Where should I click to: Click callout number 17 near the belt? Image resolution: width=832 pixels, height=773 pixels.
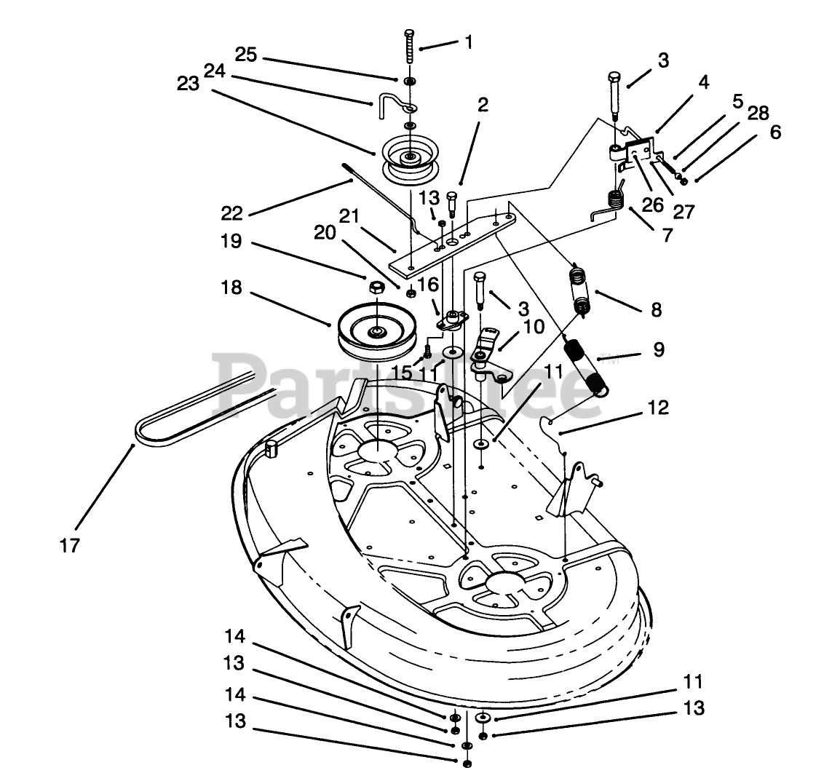(x=71, y=544)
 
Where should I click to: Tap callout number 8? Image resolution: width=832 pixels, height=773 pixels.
(x=657, y=309)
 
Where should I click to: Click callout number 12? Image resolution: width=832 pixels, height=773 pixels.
(x=657, y=408)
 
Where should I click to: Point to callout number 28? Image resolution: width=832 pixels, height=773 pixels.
(x=758, y=113)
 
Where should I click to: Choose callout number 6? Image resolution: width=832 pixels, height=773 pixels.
(x=775, y=132)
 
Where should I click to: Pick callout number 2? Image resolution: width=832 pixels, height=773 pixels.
(x=481, y=105)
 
